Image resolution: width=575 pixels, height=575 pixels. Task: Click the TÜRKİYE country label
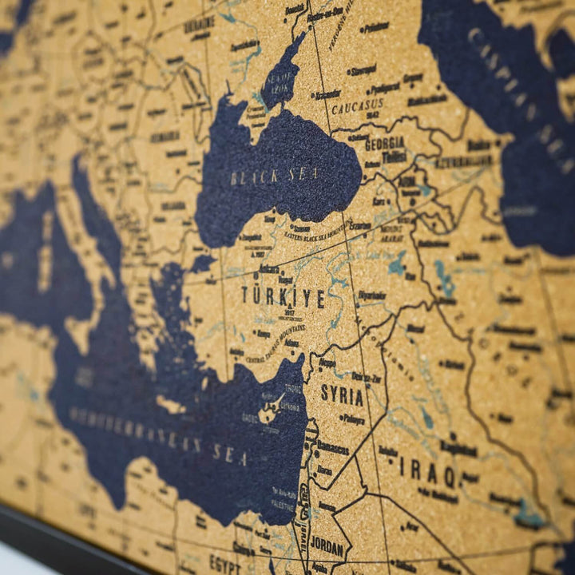coord(284,298)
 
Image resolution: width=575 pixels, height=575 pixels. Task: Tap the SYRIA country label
coord(342,395)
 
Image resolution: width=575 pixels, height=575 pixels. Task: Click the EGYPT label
coord(225,563)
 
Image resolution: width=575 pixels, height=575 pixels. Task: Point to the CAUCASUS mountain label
coord(357,105)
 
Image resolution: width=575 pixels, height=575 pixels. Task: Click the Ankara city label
coord(269,269)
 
